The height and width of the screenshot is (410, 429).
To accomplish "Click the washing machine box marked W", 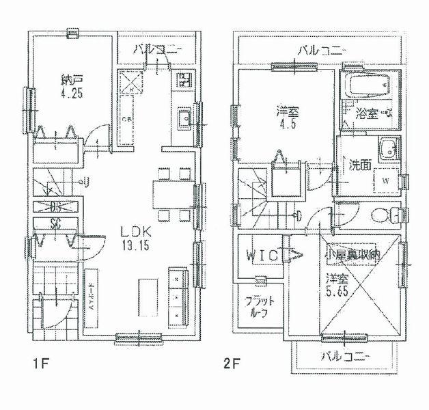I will click(x=385, y=181).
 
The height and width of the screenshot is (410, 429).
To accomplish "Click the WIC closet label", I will click(x=262, y=255).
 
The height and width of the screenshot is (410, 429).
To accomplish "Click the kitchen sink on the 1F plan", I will click(x=184, y=120).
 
